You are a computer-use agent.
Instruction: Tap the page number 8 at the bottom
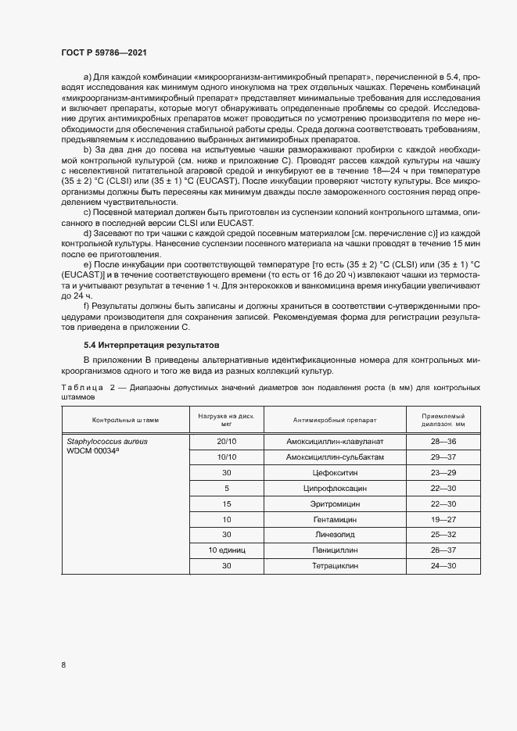pos(63,665)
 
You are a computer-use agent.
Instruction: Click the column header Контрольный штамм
pos(125,420)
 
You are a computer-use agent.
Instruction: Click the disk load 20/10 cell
pos(227,442)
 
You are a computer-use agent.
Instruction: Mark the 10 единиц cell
pos(227,550)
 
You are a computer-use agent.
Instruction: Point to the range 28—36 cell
pos(443,442)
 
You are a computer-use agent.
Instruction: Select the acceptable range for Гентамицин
pos(443,519)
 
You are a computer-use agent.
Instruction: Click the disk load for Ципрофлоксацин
pos(227,488)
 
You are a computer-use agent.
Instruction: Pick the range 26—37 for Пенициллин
pos(443,550)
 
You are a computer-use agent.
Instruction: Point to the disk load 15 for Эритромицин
pos(227,503)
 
